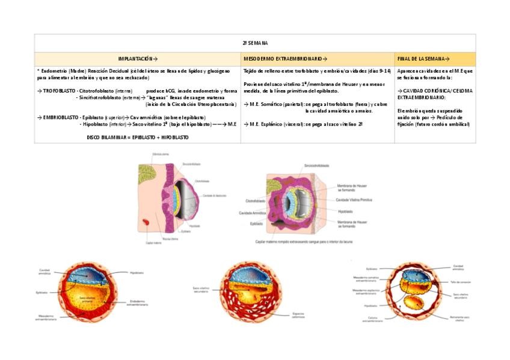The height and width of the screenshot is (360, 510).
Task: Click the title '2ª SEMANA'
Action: tap(255, 43)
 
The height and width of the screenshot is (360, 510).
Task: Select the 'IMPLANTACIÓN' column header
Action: tap(138, 59)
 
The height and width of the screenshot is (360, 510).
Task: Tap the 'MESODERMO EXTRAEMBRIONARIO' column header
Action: tap(286, 59)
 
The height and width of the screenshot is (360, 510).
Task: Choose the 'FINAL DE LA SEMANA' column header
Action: tap(423, 59)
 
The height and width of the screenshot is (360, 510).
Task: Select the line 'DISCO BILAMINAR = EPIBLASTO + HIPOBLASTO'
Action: tap(137, 137)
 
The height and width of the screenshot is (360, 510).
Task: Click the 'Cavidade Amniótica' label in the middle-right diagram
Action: tap(253, 212)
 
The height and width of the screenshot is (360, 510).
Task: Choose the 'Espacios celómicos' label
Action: tap(281, 316)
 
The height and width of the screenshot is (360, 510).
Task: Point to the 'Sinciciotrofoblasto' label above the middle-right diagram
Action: tap(316, 165)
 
